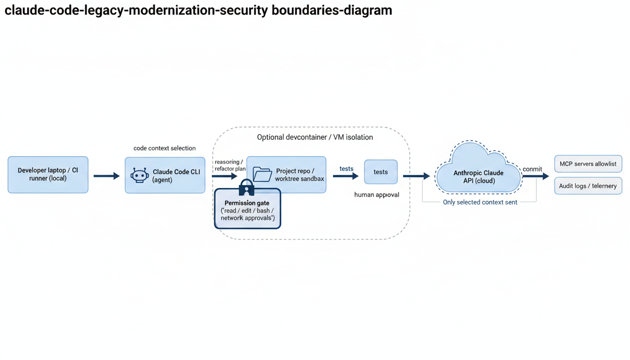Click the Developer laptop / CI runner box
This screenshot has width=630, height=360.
point(48,175)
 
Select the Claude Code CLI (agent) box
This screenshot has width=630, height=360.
point(165,175)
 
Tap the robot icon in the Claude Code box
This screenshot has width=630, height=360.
point(140,175)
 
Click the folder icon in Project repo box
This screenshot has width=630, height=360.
point(262,174)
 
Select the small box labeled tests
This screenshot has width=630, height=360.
point(381,172)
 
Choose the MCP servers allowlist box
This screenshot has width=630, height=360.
point(588,164)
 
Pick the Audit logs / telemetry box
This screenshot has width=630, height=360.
point(588,186)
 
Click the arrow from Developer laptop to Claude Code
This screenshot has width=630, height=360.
point(106,176)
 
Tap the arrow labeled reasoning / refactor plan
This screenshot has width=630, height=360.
point(225,176)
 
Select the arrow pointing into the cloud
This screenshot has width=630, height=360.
point(416,176)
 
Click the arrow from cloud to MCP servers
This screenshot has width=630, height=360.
point(535,176)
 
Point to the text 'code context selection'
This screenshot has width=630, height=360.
point(165,148)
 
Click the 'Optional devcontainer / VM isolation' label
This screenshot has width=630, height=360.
point(315,137)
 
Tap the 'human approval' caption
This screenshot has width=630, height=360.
point(376,195)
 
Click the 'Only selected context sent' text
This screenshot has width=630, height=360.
point(480,202)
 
